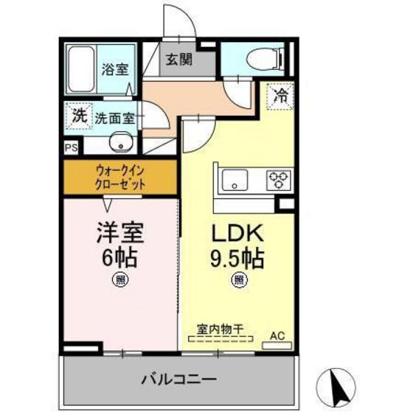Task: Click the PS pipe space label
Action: coord(71,148)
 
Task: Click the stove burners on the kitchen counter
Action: coord(279,178)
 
